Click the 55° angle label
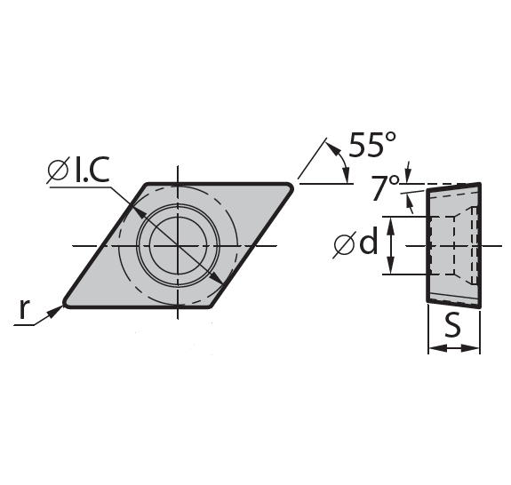tap(372, 144)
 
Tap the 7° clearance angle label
tap(385, 188)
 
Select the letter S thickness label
tap(453, 325)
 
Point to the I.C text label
tap(92, 169)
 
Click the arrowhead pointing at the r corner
tap(55, 312)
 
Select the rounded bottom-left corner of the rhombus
tap(66, 303)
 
